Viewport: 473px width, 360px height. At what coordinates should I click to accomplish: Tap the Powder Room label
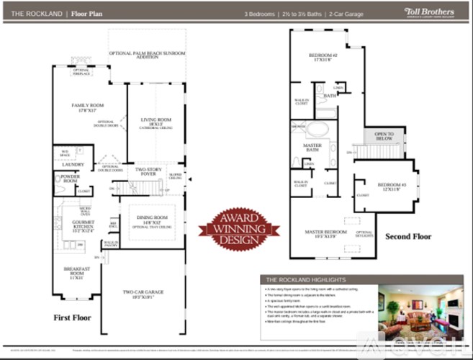pyautogui.click(x=71, y=178)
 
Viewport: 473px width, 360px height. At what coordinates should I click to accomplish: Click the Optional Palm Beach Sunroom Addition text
pyautogui.click(x=147, y=54)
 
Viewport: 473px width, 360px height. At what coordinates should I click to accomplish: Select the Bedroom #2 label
pyautogui.click(x=323, y=58)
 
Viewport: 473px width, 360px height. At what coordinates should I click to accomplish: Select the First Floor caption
pyautogui.click(x=73, y=317)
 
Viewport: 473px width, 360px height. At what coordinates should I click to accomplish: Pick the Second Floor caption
pyautogui.click(x=408, y=236)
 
